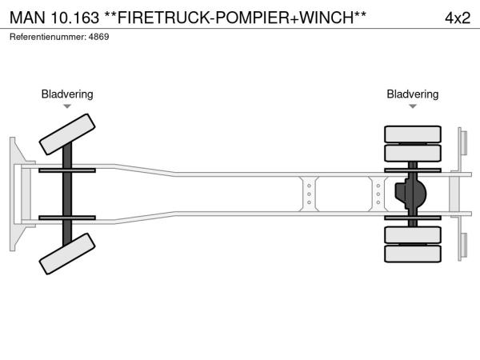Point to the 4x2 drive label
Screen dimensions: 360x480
pyautogui.click(x=457, y=18)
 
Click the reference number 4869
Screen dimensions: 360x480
pyautogui.click(x=99, y=38)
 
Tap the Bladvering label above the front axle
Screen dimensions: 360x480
pyautogui.click(x=67, y=94)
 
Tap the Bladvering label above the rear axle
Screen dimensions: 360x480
pyautogui.click(x=413, y=94)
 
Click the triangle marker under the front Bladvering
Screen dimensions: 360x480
pyautogui.click(x=67, y=106)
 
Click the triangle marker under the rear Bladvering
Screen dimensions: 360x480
pyautogui.click(x=413, y=106)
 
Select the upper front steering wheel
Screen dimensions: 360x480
pyautogui.click(x=67, y=133)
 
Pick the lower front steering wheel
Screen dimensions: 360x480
pyautogui.click(x=67, y=257)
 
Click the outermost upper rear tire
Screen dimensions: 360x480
pyautogui.click(x=413, y=134)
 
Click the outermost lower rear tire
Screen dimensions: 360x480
pyautogui.click(x=413, y=254)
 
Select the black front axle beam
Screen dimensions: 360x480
pyautogui.click(x=67, y=194)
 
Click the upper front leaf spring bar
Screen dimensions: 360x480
pyautogui.click(x=67, y=170)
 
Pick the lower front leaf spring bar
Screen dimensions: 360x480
pyautogui.click(x=67, y=218)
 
